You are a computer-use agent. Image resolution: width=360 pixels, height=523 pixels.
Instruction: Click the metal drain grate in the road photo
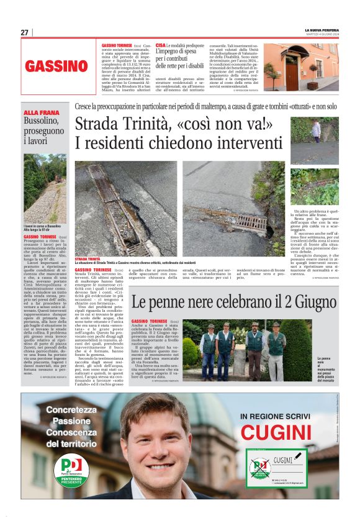[251, 221]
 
